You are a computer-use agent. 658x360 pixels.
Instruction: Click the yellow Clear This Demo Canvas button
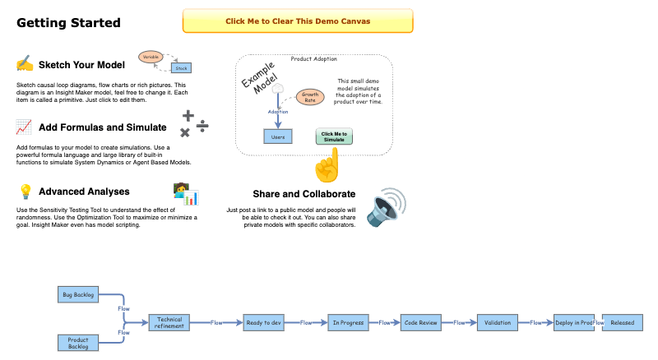pos(297,21)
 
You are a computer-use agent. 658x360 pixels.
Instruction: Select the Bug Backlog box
pos(79,294)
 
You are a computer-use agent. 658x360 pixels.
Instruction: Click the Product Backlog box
pos(79,342)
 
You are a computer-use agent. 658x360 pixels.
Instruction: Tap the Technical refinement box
pos(170,322)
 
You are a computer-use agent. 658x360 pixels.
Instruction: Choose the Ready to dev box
pos(264,322)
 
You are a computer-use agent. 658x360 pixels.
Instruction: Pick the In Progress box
pos(347,322)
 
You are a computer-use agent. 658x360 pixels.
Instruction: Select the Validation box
pos(496,322)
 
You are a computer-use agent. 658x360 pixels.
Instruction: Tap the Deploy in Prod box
pos(573,322)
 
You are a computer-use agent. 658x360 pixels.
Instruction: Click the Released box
pos(622,322)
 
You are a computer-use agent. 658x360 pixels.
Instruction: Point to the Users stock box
pos(278,136)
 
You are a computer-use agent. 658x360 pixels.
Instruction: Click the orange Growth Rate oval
pos(310,98)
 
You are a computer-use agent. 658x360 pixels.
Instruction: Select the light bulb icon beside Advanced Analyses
pos(25,192)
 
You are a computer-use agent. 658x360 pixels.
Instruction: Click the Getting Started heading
pos(68,22)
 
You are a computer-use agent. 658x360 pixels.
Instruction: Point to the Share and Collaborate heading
pos(304,194)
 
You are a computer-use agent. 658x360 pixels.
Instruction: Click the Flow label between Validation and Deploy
pos(535,323)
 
